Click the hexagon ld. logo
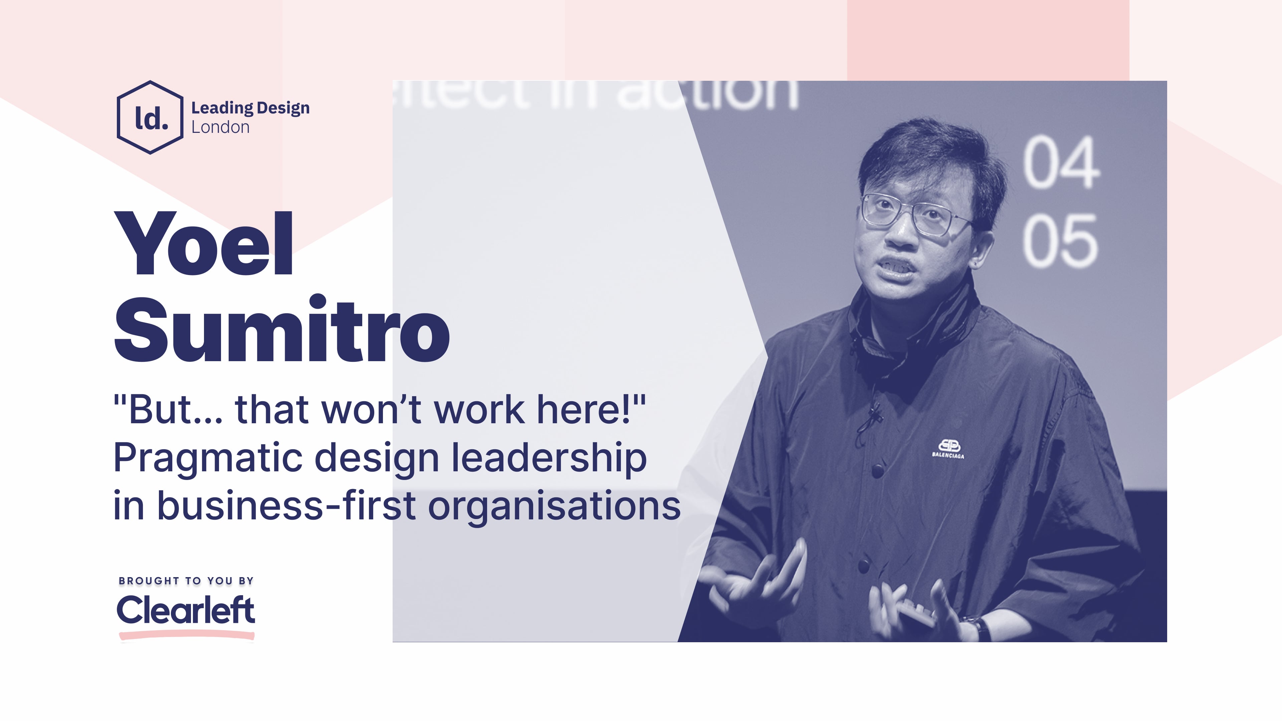[x=150, y=117]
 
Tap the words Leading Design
[x=250, y=107]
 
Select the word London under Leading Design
[x=220, y=128]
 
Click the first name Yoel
[x=204, y=243]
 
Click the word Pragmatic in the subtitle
[x=208, y=458]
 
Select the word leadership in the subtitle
[x=549, y=458]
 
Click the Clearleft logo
[x=186, y=611]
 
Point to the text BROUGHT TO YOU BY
[x=186, y=581]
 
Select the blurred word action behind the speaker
[x=707, y=94]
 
